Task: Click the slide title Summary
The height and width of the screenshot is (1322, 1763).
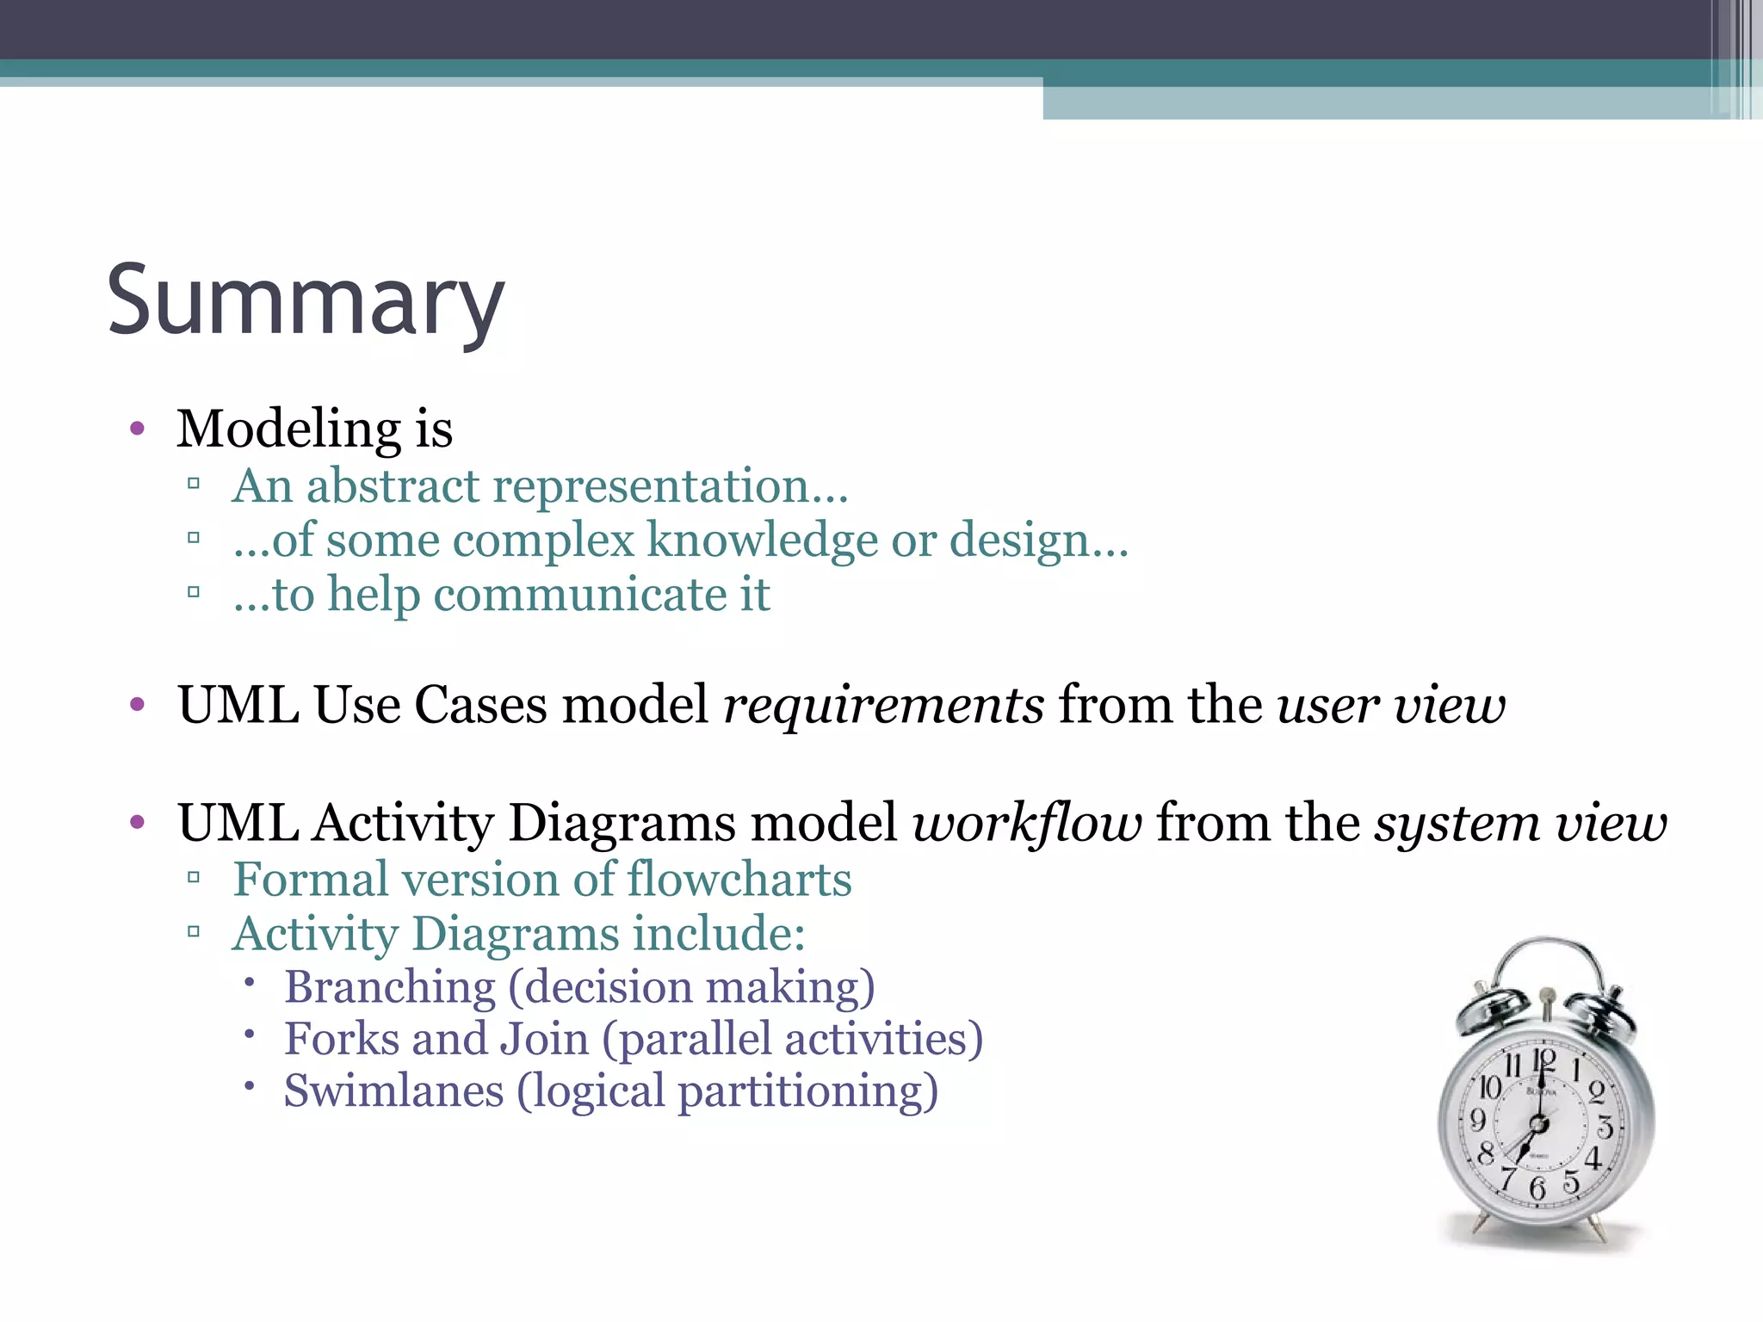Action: click(x=306, y=301)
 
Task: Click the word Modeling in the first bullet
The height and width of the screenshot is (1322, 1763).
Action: click(x=289, y=429)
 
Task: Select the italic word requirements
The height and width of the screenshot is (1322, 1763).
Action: click(x=884, y=706)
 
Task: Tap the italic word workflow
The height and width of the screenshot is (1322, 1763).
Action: click(x=1027, y=823)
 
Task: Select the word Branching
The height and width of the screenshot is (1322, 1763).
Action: click(x=390, y=987)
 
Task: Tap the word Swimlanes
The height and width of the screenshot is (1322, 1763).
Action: click(x=393, y=1091)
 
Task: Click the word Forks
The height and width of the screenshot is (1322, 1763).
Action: click(x=342, y=1039)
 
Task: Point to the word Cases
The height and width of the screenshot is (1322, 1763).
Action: click(x=480, y=706)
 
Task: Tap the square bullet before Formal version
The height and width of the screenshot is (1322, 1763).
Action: click(x=194, y=879)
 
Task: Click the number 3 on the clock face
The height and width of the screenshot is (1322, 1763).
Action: click(x=1605, y=1127)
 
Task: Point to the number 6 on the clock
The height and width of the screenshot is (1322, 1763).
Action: click(x=1537, y=1189)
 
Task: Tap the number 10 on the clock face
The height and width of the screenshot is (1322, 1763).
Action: click(x=1490, y=1088)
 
